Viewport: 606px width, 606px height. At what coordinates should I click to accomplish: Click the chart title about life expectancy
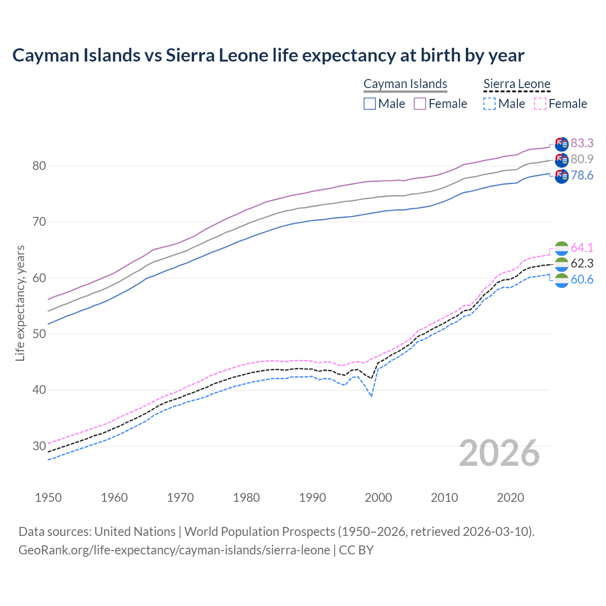(268, 55)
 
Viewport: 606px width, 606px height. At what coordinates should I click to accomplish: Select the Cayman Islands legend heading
(405, 84)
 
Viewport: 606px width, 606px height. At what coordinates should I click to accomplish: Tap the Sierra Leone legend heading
(517, 84)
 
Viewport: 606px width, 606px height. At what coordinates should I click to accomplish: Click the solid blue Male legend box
(370, 104)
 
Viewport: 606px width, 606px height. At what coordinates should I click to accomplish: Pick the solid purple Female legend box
(420, 104)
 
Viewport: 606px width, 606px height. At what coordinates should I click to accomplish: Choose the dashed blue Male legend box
(490, 104)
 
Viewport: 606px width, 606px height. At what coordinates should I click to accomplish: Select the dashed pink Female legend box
(540, 104)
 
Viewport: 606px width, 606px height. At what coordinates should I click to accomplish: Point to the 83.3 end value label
(582, 143)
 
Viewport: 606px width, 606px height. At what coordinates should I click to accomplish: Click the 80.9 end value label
(582, 159)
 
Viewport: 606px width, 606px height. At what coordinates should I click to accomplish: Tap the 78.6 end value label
(582, 176)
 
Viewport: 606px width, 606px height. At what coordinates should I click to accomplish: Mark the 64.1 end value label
(582, 248)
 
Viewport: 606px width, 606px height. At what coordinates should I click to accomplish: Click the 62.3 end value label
(582, 263)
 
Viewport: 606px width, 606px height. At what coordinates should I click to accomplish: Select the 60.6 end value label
(582, 280)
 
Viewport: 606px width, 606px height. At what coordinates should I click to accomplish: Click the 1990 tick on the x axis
(312, 498)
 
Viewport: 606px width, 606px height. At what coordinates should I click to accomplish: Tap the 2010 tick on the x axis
(444, 498)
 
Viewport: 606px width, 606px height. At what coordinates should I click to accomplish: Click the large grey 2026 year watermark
(499, 453)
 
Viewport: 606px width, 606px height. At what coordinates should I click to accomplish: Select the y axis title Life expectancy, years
(20, 303)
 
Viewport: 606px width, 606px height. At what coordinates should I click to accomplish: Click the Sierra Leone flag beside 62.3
(561, 264)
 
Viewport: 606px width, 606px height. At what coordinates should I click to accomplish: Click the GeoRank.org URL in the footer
(174, 550)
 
